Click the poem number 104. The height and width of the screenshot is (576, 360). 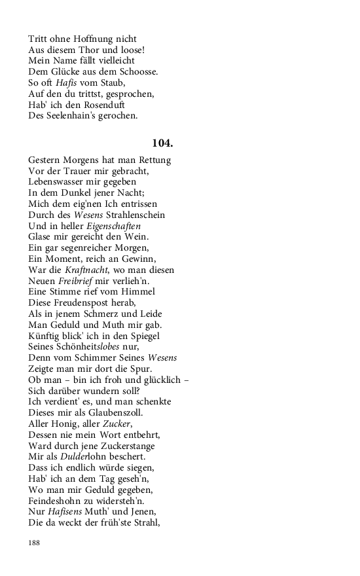click(x=162, y=143)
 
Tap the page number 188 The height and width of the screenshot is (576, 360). click(x=35, y=543)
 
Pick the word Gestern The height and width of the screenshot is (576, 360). click(x=46, y=160)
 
